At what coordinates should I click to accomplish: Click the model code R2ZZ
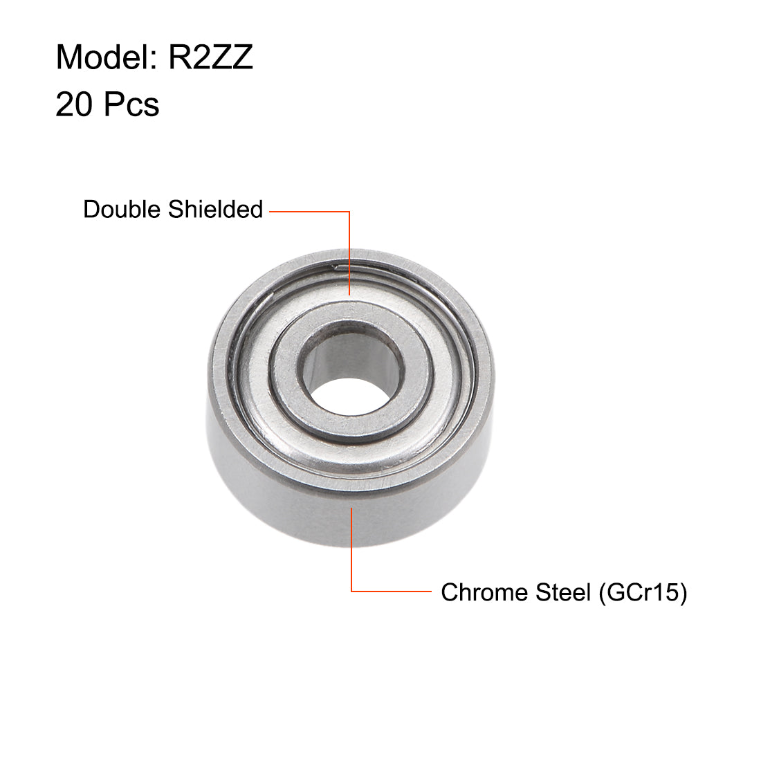[211, 57]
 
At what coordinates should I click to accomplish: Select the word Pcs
[132, 105]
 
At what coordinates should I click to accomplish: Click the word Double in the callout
[125, 209]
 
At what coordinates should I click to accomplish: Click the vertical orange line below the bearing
[351, 553]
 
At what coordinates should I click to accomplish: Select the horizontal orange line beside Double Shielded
[308, 211]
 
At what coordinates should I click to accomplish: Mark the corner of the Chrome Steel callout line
[351, 592]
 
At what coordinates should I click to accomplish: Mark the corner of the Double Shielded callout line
[350, 211]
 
